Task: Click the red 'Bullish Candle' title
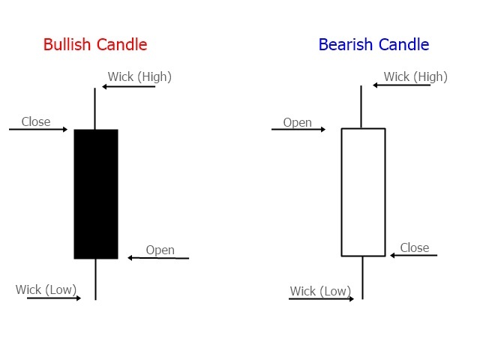[x=95, y=44]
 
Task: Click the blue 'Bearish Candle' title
[x=373, y=44]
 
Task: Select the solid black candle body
[x=96, y=193]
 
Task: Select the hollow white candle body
[x=363, y=192]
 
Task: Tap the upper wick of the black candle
[x=95, y=109]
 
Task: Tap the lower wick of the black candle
[x=95, y=279]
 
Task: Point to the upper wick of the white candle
[x=362, y=106]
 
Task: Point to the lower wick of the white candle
[x=362, y=277]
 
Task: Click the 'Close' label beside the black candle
[x=36, y=121]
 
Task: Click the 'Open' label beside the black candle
[x=160, y=250]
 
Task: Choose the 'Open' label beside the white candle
[x=297, y=122]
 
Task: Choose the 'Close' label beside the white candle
[x=415, y=247]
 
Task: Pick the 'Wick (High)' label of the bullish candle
[x=139, y=76]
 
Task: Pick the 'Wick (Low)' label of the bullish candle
[x=47, y=289]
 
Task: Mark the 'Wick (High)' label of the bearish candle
[x=415, y=76]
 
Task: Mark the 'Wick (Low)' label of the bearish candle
[x=320, y=291]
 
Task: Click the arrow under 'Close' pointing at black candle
[x=38, y=130]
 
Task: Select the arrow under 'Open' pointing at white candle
[x=298, y=130]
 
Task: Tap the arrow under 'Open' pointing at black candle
[x=157, y=258]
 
